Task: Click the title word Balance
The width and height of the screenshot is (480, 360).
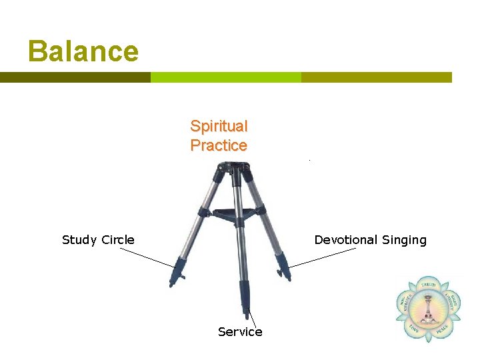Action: point(83,51)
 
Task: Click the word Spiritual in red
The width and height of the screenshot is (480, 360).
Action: point(219,126)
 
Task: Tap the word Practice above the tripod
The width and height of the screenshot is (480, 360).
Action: point(219,145)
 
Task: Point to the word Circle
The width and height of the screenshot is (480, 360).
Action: point(118,240)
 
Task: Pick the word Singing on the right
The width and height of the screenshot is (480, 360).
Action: point(402,240)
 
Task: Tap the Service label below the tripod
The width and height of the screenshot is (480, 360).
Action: point(240,332)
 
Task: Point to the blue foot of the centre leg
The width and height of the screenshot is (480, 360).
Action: point(245,297)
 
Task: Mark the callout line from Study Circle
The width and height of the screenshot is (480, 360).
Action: point(147,257)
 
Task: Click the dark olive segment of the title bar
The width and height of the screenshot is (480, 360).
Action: point(75,77)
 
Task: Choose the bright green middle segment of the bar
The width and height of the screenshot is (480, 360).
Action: point(226,77)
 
